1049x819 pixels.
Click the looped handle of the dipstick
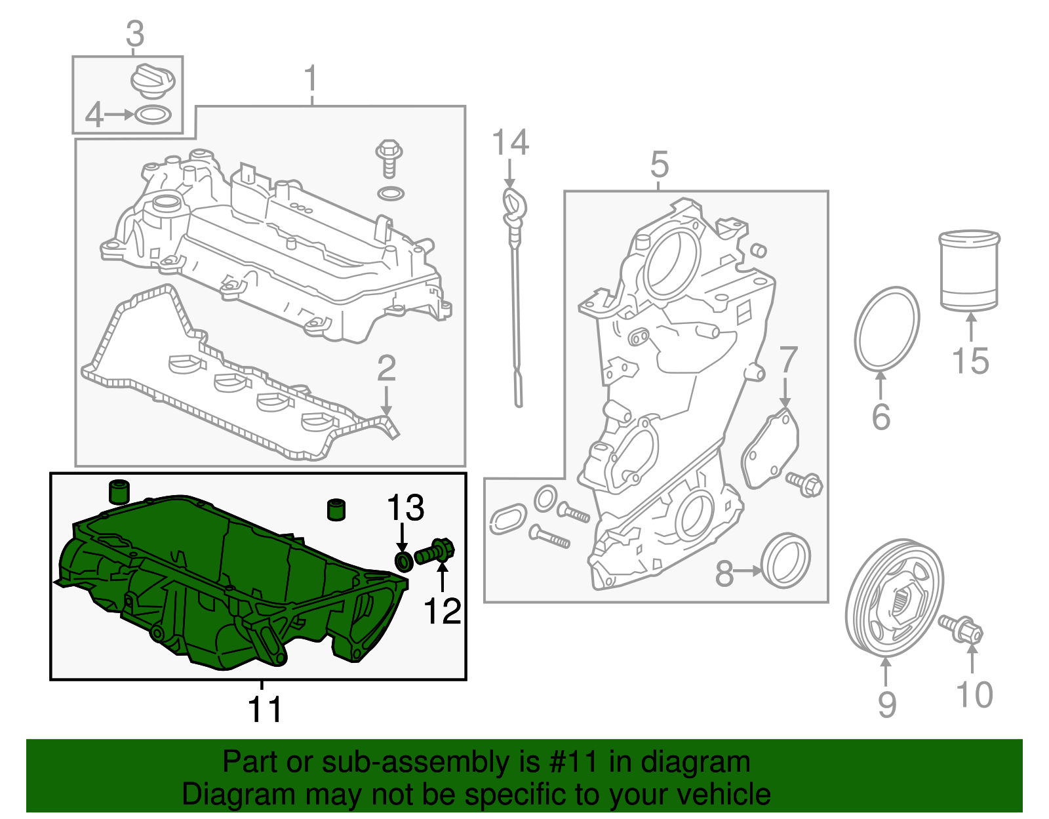click(514, 205)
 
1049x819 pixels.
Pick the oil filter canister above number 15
click(969, 270)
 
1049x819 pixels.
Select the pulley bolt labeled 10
click(960, 629)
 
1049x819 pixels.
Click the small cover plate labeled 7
click(770, 449)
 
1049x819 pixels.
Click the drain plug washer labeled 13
click(404, 561)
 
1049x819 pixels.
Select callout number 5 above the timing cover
click(660, 164)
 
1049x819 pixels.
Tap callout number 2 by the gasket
click(386, 368)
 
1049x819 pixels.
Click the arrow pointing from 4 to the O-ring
click(119, 115)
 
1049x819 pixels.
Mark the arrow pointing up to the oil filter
click(971, 328)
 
